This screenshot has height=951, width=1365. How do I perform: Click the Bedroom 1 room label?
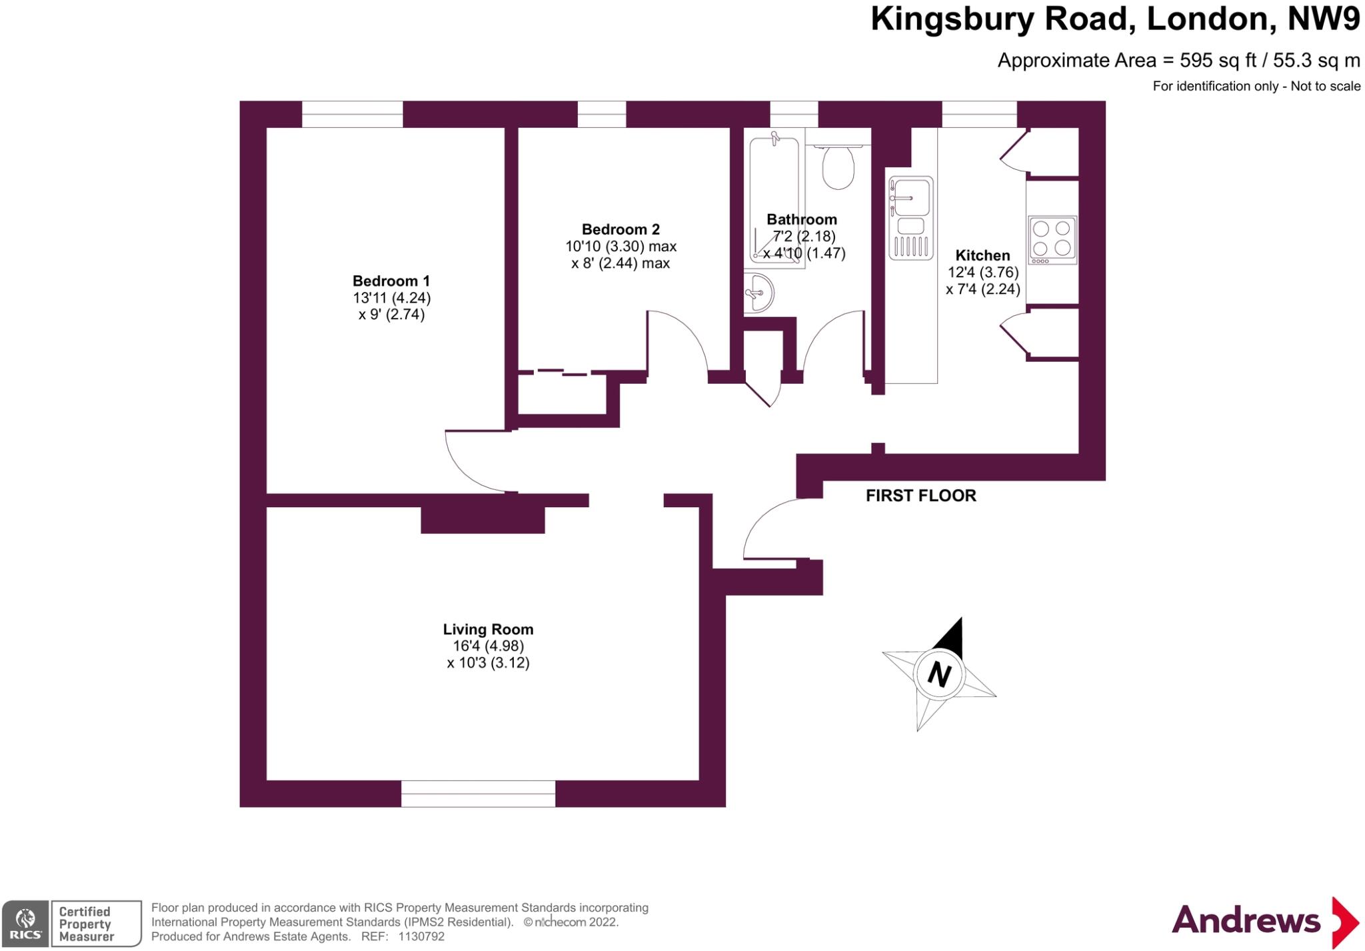[391, 281]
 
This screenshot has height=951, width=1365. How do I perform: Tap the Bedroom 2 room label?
[621, 229]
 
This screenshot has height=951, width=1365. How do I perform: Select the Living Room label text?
[488, 629]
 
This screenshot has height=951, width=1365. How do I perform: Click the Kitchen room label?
[982, 255]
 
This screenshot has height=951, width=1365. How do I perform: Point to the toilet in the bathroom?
[838, 167]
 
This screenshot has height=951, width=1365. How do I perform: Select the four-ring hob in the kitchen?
[1052, 239]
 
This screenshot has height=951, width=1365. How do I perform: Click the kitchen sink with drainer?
[910, 217]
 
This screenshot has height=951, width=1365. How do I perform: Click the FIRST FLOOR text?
[920, 495]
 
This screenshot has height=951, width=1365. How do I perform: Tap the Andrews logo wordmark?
[1246, 921]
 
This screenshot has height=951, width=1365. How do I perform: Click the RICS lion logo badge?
[25, 923]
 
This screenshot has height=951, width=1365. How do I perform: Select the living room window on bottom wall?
[478, 794]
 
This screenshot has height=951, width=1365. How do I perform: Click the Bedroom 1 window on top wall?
[352, 114]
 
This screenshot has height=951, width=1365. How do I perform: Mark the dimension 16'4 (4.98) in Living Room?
[488, 646]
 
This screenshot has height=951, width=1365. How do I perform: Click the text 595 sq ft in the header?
[1217, 61]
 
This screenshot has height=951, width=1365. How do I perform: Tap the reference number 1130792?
[421, 936]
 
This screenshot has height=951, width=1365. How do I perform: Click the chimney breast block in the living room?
[483, 519]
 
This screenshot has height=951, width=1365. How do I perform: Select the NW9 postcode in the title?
[1323, 19]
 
